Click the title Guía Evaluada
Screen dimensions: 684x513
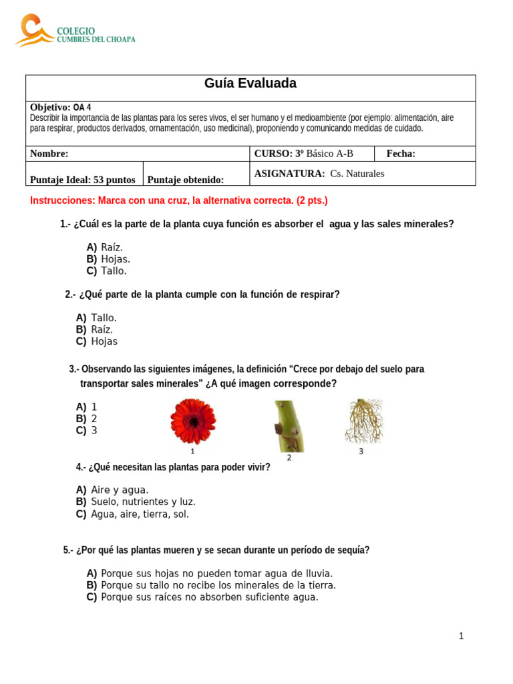pos(250,83)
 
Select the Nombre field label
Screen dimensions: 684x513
pos(49,154)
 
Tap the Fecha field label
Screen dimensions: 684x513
pos(401,154)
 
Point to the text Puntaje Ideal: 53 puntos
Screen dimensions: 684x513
pos(82,180)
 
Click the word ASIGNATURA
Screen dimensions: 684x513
pos(289,174)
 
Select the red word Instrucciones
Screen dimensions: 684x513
pos(63,200)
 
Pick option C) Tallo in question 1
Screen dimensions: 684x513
pos(106,271)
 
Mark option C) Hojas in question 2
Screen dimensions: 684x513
pos(97,341)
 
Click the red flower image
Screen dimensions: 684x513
pos(193,422)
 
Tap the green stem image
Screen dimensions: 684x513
pos(289,426)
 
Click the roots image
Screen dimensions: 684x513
pos(363,421)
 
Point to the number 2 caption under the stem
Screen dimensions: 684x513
pos(289,458)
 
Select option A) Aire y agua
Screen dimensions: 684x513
pos(112,490)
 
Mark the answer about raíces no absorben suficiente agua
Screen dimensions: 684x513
pos(202,597)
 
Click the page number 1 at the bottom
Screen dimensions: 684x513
pos(461,636)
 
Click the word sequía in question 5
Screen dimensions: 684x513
pos(353,550)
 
